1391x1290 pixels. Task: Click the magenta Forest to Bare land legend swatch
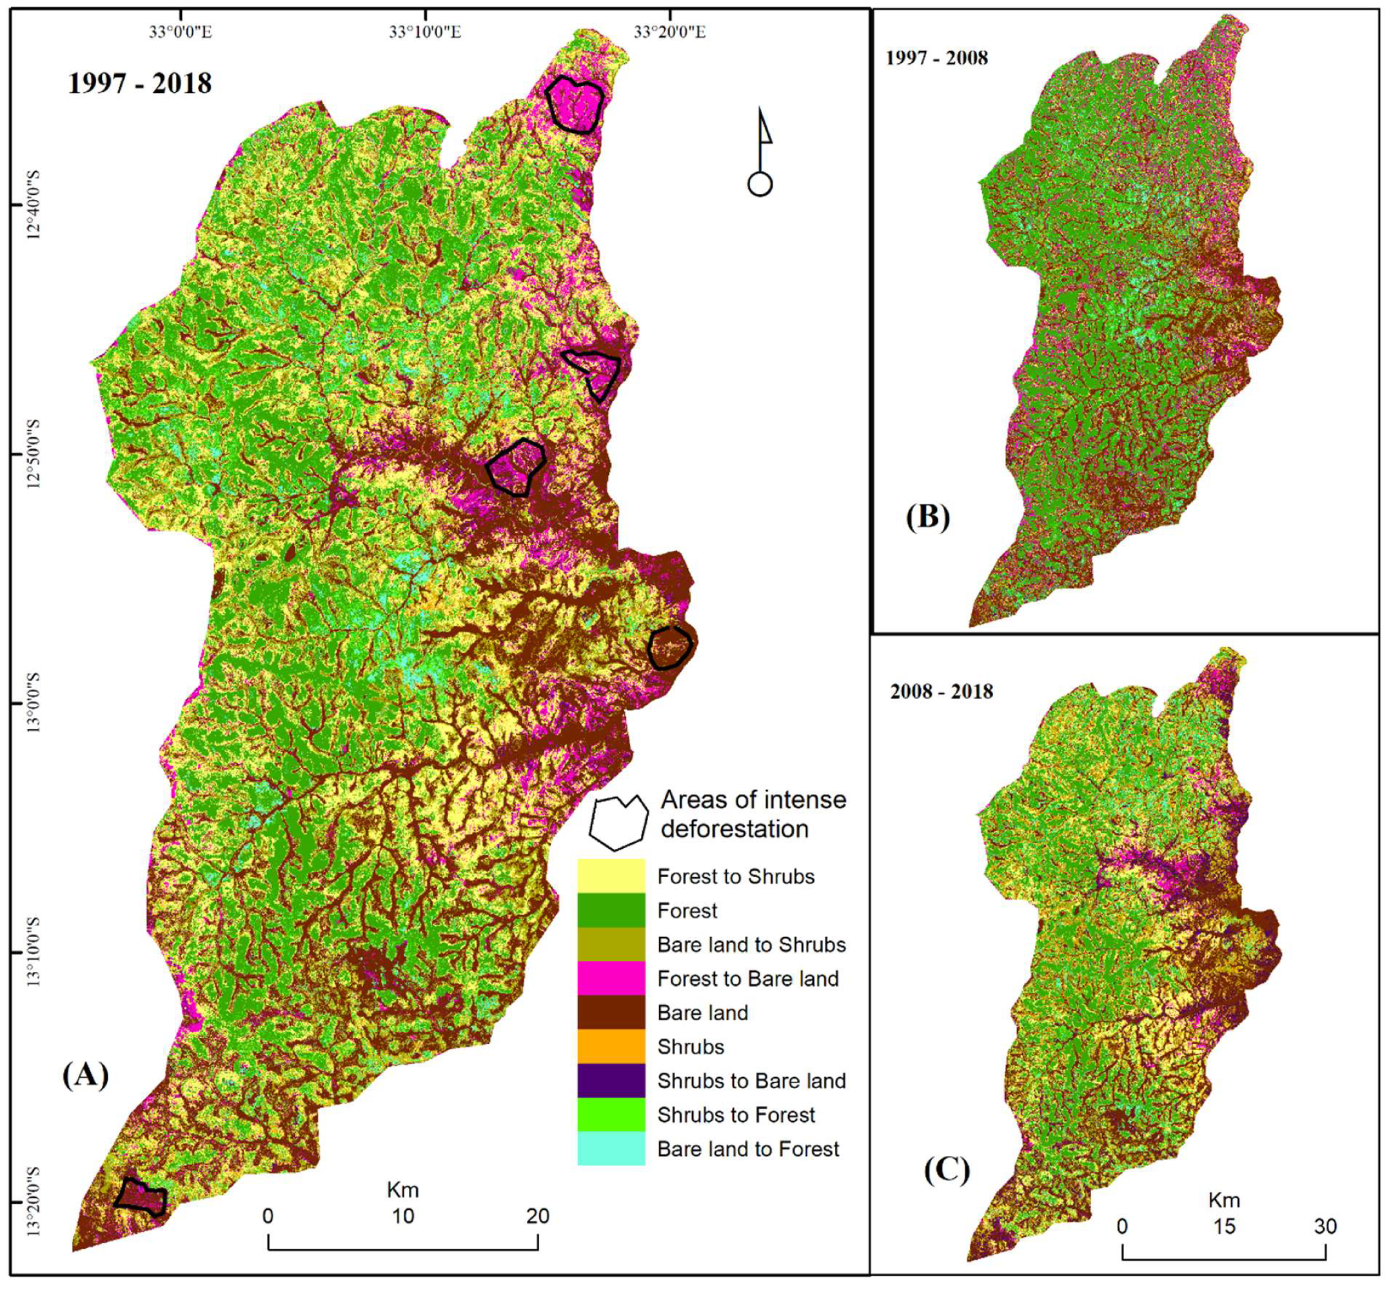click(x=611, y=978)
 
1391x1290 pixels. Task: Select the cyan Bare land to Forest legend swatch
click(x=611, y=1148)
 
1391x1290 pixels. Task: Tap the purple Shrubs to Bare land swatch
click(x=611, y=1080)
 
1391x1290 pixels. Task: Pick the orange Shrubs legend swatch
click(x=611, y=1046)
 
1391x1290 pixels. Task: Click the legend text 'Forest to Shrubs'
click(x=736, y=876)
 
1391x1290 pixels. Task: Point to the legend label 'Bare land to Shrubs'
click(x=751, y=944)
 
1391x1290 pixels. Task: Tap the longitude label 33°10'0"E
click(x=425, y=32)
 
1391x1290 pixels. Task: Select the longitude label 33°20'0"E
click(x=669, y=32)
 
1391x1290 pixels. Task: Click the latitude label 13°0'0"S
click(x=34, y=702)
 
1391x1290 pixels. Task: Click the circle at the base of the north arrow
click(x=760, y=185)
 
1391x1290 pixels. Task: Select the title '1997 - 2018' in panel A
click(x=139, y=84)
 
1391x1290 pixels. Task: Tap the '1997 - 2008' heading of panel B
click(x=936, y=58)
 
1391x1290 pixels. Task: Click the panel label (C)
click(x=947, y=1169)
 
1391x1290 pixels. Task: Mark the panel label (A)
click(x=85, y=1075)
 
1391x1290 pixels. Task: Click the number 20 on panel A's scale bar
click(x=537, y=1216)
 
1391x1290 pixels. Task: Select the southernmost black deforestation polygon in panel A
click(x=142, y=1198)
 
